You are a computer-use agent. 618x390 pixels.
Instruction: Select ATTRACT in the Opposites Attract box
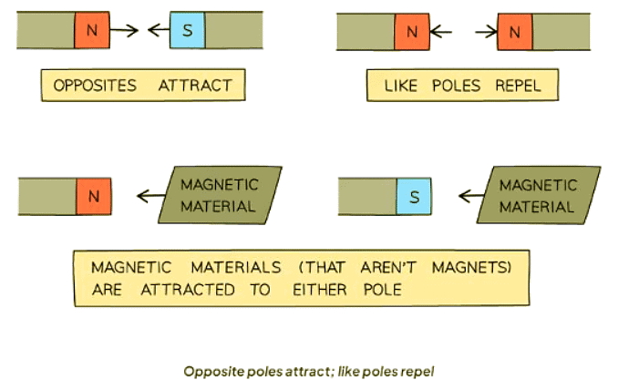(x=195, y=86)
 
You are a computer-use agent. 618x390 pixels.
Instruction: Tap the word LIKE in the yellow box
(x=402, y=86)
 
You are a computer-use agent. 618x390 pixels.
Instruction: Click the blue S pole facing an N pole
(x=188, y=31)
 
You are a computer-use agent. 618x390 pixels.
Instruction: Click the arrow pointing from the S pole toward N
(x=158, y=31)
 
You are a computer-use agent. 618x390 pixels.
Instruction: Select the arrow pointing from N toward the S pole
(x=125, y=31)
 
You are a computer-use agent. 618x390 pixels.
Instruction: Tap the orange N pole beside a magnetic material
(x=93, y=194)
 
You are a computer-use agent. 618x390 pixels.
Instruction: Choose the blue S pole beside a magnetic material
(x=414, y=195)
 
